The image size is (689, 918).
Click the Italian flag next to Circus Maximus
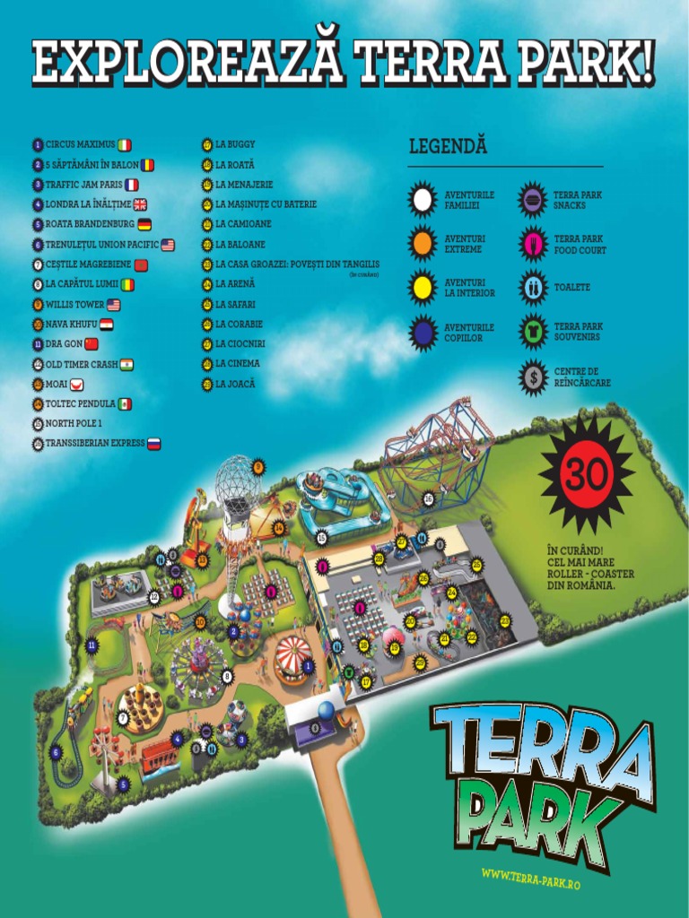(124, 144)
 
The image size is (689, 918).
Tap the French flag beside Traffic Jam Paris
(131, 185)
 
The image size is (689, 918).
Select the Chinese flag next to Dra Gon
(92, 343)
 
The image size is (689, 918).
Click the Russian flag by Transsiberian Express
(153, 444)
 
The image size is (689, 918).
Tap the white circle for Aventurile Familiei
(422, 199)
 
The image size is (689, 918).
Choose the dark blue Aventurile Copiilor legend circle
(422, 333)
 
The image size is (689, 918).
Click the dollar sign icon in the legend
(533, 377)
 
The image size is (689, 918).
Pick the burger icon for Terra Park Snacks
(533, 199)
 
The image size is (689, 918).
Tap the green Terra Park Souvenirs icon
(533, 332)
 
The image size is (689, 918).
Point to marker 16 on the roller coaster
(429, 498)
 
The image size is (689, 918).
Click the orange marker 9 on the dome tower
(258, 466)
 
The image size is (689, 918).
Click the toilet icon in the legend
(533, 288)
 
